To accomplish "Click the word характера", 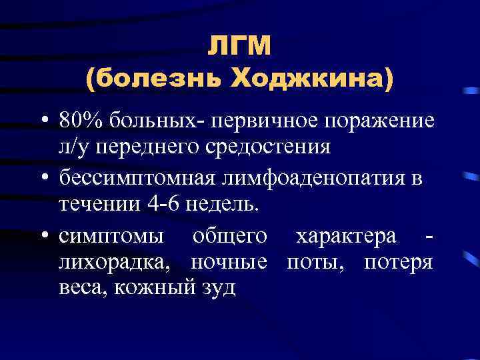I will click(x=347, y=236).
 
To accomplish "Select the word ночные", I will click(x=229, y=260).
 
